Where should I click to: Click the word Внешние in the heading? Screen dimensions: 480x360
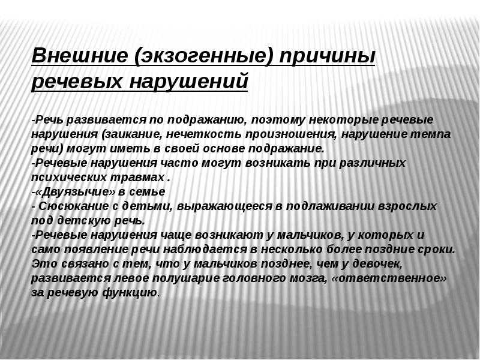(x=79, y=55)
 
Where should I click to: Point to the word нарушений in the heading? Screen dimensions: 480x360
(x=188, y=82)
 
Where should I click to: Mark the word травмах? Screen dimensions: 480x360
(x=137, y=178)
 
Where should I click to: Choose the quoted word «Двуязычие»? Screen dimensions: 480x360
(x=74, y=192)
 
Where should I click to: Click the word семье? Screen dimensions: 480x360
(x=147, y=192)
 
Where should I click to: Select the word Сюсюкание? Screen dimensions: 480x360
(x=73, y=206)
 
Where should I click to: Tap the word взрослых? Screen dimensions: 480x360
(x=407, y=206)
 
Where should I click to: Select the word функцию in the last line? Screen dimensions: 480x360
(x=130, y=293)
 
